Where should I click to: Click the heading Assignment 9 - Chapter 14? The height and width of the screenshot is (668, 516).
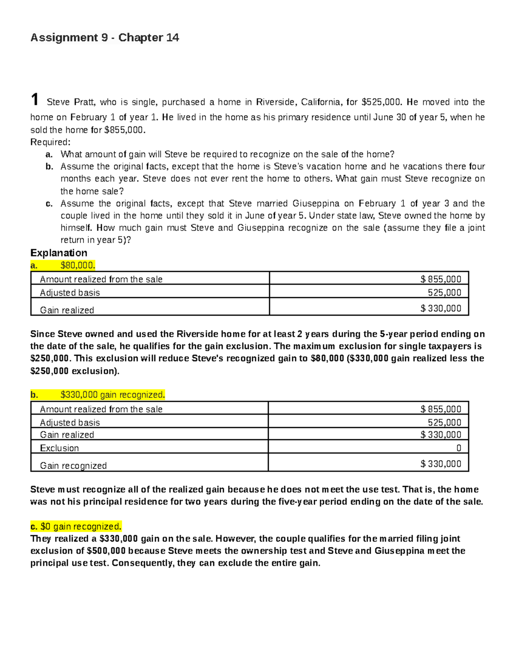[104, 38]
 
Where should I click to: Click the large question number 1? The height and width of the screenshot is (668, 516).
[35, 100]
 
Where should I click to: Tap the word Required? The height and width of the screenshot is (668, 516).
[50, 142]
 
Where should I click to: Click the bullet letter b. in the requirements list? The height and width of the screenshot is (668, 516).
[49, 167]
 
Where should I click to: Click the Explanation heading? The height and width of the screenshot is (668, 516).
[58, 253]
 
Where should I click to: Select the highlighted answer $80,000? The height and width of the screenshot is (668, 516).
[77, 265]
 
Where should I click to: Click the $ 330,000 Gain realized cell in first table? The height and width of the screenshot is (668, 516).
[441, 308]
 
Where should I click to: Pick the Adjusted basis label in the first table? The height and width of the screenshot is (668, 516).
[70, 293]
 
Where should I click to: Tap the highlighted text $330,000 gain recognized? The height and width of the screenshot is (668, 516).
[112, 395]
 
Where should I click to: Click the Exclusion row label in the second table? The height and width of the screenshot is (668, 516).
[59, 448]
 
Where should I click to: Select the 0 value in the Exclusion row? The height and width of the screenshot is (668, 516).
[458, 448]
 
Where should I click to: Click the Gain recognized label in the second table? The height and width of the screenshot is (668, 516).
[73, 466]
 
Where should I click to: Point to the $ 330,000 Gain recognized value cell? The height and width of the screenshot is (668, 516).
[441, 464]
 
